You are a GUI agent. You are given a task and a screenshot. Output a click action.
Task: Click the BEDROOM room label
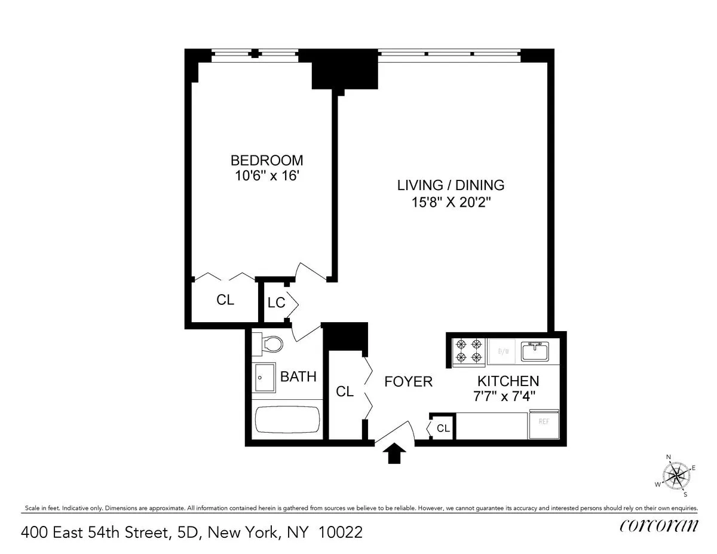(x=266, y=160)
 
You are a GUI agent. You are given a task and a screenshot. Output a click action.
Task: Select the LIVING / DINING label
(x=451, y=185)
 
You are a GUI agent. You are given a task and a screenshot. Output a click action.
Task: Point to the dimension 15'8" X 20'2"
(x=451, y=202)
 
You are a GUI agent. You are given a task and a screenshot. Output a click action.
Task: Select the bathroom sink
(x=263, y=377)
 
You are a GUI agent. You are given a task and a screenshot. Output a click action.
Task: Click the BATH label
(x=298, y=377)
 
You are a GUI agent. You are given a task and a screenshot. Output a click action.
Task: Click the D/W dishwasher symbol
(x=502, y=351)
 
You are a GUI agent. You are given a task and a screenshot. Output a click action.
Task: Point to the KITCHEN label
(x=508, y=381)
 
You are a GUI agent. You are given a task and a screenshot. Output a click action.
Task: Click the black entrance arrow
(x=393, y=454)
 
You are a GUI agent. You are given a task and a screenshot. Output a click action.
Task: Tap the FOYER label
(x=408, y=381)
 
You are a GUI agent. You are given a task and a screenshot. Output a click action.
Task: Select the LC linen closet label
(x=276, y=303)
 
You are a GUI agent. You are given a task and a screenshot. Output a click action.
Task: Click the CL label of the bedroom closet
(x=225, y=300)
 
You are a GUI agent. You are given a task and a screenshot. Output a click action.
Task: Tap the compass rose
(x=676, y=476)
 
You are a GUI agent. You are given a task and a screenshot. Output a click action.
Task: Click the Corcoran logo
(x=658, y=525)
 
